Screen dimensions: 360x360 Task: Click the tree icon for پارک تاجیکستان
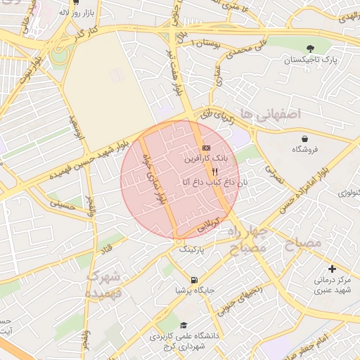tap(310, 48)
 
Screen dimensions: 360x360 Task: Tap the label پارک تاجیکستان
tap(310, 60)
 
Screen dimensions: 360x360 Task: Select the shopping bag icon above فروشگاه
tap(304, 139)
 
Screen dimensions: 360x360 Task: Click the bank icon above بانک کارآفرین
tap(205, 148)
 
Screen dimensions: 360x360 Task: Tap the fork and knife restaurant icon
tap(215, 170)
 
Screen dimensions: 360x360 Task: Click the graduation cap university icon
tap(184, 326)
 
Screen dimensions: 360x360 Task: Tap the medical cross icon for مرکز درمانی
tap(332, 269)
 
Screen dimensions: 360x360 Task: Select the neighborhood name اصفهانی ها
tap(269, 112)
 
